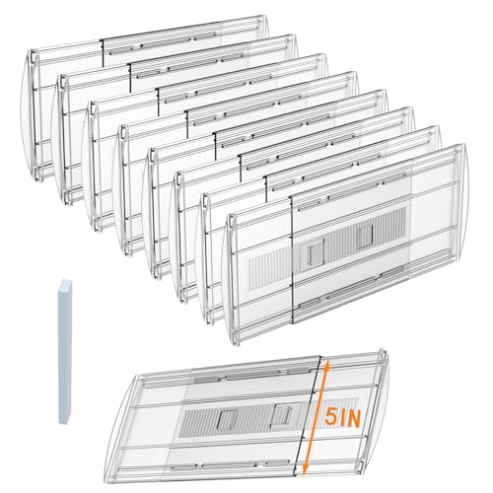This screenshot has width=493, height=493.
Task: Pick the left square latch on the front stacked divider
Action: point(314,255)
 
